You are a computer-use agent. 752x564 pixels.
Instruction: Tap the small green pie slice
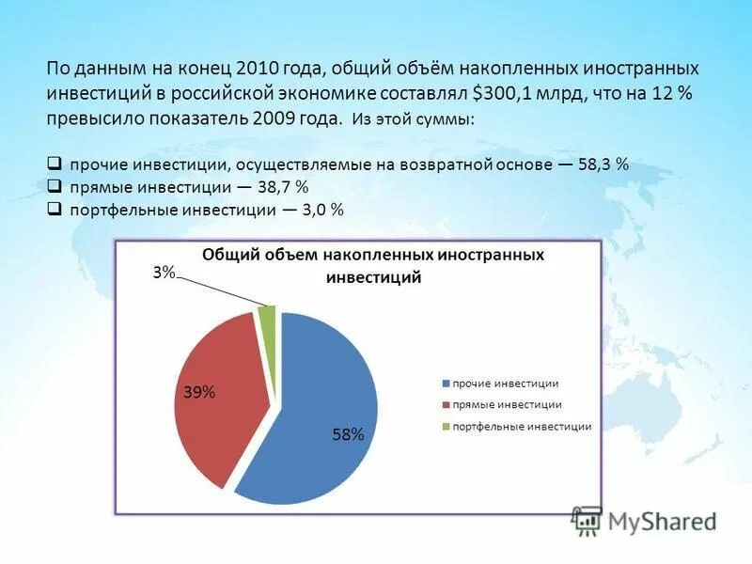click(268, 321)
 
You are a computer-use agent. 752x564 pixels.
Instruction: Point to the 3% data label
click(164, 273)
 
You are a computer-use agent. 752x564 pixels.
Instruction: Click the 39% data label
click(199, 393)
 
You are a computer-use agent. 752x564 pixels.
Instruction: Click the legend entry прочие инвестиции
click(506, 384)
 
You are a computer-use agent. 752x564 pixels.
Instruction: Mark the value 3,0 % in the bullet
click(322, 211)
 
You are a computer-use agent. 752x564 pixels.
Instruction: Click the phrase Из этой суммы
click(414, 120)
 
